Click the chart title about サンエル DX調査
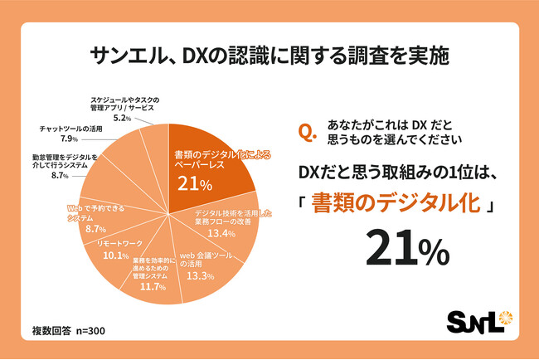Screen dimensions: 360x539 click(269, 56)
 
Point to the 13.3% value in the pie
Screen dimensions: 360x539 click(203, 275)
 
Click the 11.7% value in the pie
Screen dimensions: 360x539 click(150, 286)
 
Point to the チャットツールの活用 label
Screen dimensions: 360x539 click(70, 129)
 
